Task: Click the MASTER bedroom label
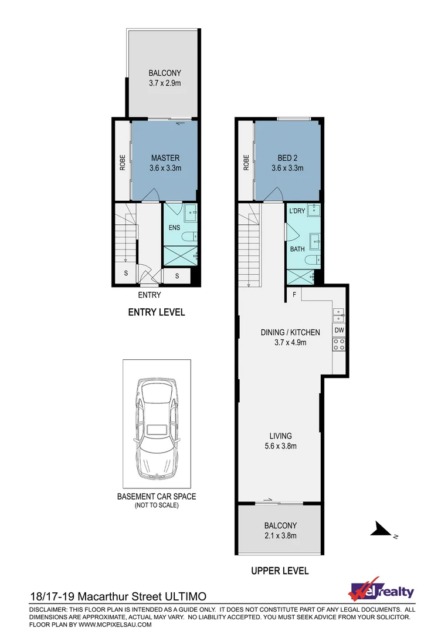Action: (x=165, y=158)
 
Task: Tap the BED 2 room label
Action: (x=287, y=158)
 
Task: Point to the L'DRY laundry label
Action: (x=297, y=211)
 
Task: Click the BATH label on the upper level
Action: (x=297, y=249)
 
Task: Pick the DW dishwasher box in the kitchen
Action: (x=339, y=331)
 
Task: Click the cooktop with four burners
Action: (x=339, y=346)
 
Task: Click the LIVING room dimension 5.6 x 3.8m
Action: (x=280, y=446)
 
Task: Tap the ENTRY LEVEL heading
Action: (x=157, y=312)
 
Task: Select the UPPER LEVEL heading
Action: (x=280, y=570)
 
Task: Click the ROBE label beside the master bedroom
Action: (x=123, y=162)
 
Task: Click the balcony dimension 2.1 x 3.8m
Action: (x=280, y=535)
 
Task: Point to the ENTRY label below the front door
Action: (x=149, y=295)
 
